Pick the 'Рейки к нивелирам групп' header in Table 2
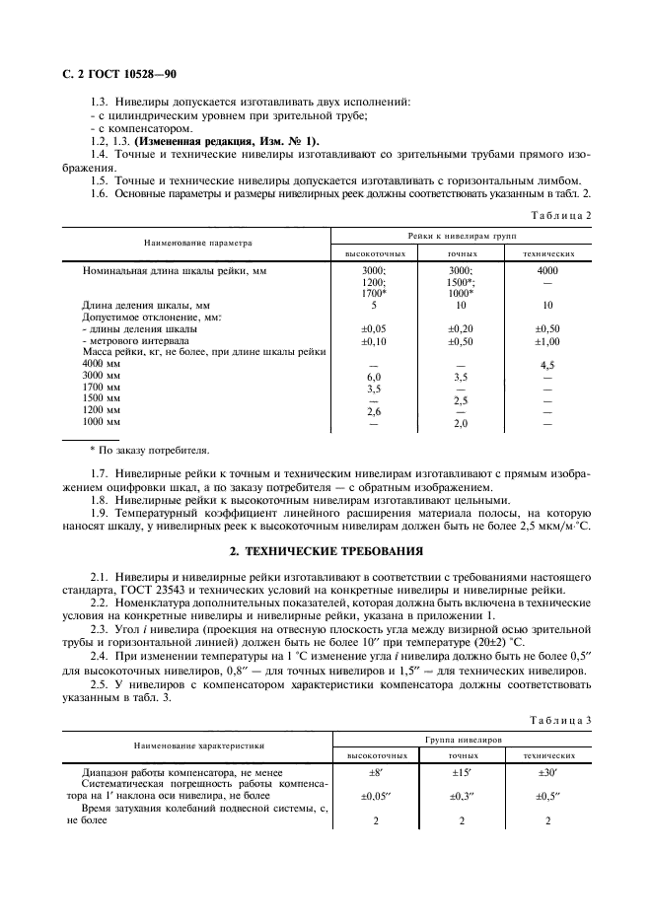coord(462,235)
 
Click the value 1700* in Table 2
coord(374,293)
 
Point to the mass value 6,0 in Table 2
coord(374,377)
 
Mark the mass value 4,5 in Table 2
coord(547,365)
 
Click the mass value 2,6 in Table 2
coord(374,412)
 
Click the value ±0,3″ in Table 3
coord(462,795)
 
